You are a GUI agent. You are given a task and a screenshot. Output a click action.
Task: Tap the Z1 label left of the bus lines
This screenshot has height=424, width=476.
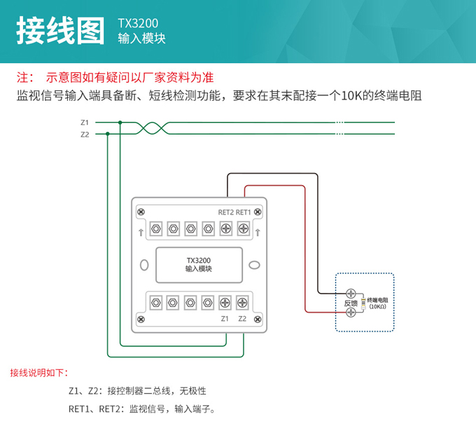tap(85, 123)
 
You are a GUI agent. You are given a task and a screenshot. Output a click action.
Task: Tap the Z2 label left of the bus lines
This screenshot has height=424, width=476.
tap(85, 134)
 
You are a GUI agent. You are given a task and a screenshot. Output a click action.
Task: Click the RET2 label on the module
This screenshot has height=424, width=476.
tap(225, 212)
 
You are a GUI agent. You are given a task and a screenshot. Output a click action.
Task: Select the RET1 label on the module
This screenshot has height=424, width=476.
tap(243, 212)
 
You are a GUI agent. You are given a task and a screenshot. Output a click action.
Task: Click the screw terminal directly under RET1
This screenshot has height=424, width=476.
tap(243, 228)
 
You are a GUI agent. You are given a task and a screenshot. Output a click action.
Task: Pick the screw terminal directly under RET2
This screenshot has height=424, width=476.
tap(225, 228)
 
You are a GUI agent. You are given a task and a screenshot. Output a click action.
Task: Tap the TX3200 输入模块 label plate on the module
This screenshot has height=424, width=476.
tap(199, 264)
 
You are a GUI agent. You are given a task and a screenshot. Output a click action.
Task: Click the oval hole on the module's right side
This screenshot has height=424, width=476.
tap(255, 266)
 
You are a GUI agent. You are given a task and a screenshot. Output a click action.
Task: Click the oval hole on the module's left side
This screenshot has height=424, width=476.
tap(144, 266)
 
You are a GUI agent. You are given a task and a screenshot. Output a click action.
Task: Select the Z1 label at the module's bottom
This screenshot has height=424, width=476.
tap(225, 319)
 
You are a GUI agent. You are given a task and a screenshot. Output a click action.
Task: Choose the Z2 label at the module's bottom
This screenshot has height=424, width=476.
tap(242, 319)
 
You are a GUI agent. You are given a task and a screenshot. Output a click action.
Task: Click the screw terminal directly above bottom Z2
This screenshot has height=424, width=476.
tap(242, 303)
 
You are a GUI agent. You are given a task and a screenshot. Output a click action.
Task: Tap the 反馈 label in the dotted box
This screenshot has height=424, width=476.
tap(351, 303)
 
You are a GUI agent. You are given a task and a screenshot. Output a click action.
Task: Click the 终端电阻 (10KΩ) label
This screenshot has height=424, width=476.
tap(377, 303)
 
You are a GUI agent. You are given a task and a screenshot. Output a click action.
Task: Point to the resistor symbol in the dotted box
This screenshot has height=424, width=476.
tap(363, 303)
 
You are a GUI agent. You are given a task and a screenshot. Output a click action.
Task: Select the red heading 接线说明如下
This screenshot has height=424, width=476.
tap(38, 372)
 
